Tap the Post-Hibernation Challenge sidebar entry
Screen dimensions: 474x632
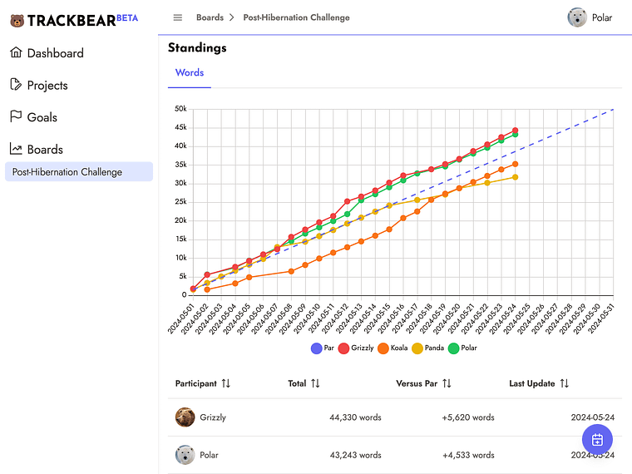point(67,172)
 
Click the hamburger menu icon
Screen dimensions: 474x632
point(177,17)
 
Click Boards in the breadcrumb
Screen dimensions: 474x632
point(210,17)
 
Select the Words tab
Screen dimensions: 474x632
point(190,73)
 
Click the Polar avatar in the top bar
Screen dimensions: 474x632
point(577,17)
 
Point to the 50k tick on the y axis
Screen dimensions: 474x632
point(180,109)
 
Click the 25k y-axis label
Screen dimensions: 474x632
point(180,202)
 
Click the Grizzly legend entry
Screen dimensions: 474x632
point(356,348)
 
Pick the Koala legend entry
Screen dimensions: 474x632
point(393,348)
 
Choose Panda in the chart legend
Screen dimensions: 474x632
point(429,348)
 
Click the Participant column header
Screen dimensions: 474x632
point(202,383)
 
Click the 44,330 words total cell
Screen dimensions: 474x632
point(355,417)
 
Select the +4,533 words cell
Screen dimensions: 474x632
point(458,455)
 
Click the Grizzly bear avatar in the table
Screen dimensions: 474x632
point(185,417)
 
